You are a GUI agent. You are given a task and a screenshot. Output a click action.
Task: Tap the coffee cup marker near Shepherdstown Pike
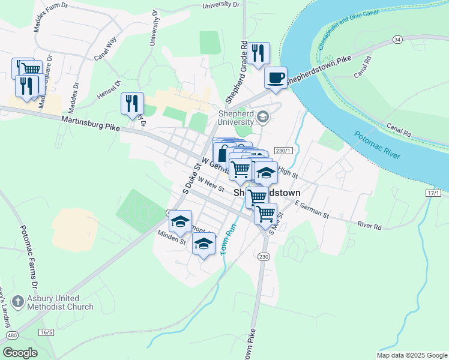(276, 78)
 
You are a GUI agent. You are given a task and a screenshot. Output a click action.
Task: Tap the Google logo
(20, 352)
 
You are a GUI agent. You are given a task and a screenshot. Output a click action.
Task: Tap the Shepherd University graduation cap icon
(263, 116)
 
